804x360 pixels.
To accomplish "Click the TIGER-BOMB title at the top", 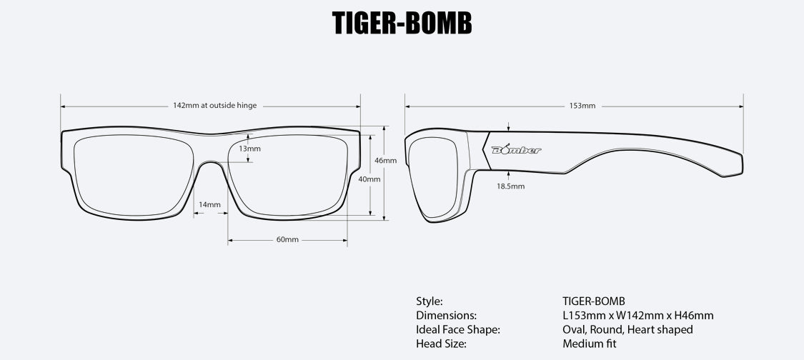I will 402,24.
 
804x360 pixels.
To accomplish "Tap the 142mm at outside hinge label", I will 214,106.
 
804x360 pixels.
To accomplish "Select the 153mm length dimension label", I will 582,106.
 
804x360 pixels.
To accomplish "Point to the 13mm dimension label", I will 249,149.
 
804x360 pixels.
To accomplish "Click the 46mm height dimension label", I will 385,161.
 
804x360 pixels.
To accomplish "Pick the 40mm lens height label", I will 369,179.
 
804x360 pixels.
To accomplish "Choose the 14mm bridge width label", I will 209,204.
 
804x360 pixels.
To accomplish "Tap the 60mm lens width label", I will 287,239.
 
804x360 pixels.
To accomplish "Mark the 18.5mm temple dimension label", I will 510,186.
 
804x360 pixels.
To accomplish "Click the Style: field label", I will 430,301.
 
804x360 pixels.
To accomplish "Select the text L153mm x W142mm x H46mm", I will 638,315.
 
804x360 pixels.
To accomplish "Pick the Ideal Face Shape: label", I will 457,329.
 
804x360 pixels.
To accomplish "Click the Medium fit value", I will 590,344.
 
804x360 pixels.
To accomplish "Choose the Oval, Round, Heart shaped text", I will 627,329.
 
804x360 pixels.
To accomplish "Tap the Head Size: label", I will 441,344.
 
